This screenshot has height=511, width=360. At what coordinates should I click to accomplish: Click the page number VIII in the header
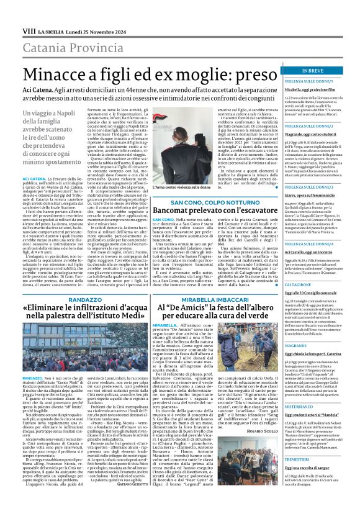pos(12,13)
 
